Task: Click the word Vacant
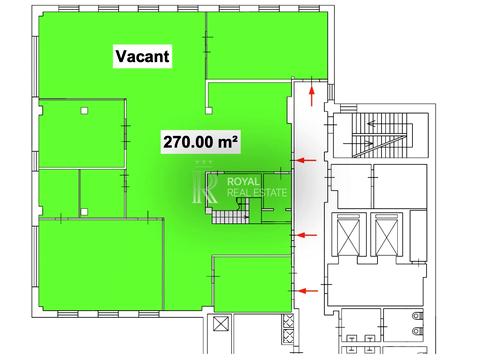[x=142, y=56]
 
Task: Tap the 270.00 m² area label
[x=200, y=142]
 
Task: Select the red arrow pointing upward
[x=312, y=96]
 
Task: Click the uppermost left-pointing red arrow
[x=306, y=160]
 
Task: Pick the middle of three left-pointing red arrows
[x=306, y=235]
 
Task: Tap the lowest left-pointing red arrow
[x=307, y=291]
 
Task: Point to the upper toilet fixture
[x=417, y=315]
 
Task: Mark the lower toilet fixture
[x=417, y=331]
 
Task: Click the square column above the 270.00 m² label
[x=209, y=110]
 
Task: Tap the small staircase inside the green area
[x=231, y=211]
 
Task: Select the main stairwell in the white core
[x=381, y=135]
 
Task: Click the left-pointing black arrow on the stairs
[x=376, y=124]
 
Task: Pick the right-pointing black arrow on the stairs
[x=358, y=144]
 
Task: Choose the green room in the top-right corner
[x=267, y=45]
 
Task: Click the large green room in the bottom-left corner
[x=101, y=264]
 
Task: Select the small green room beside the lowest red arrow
[x=253, y=284]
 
